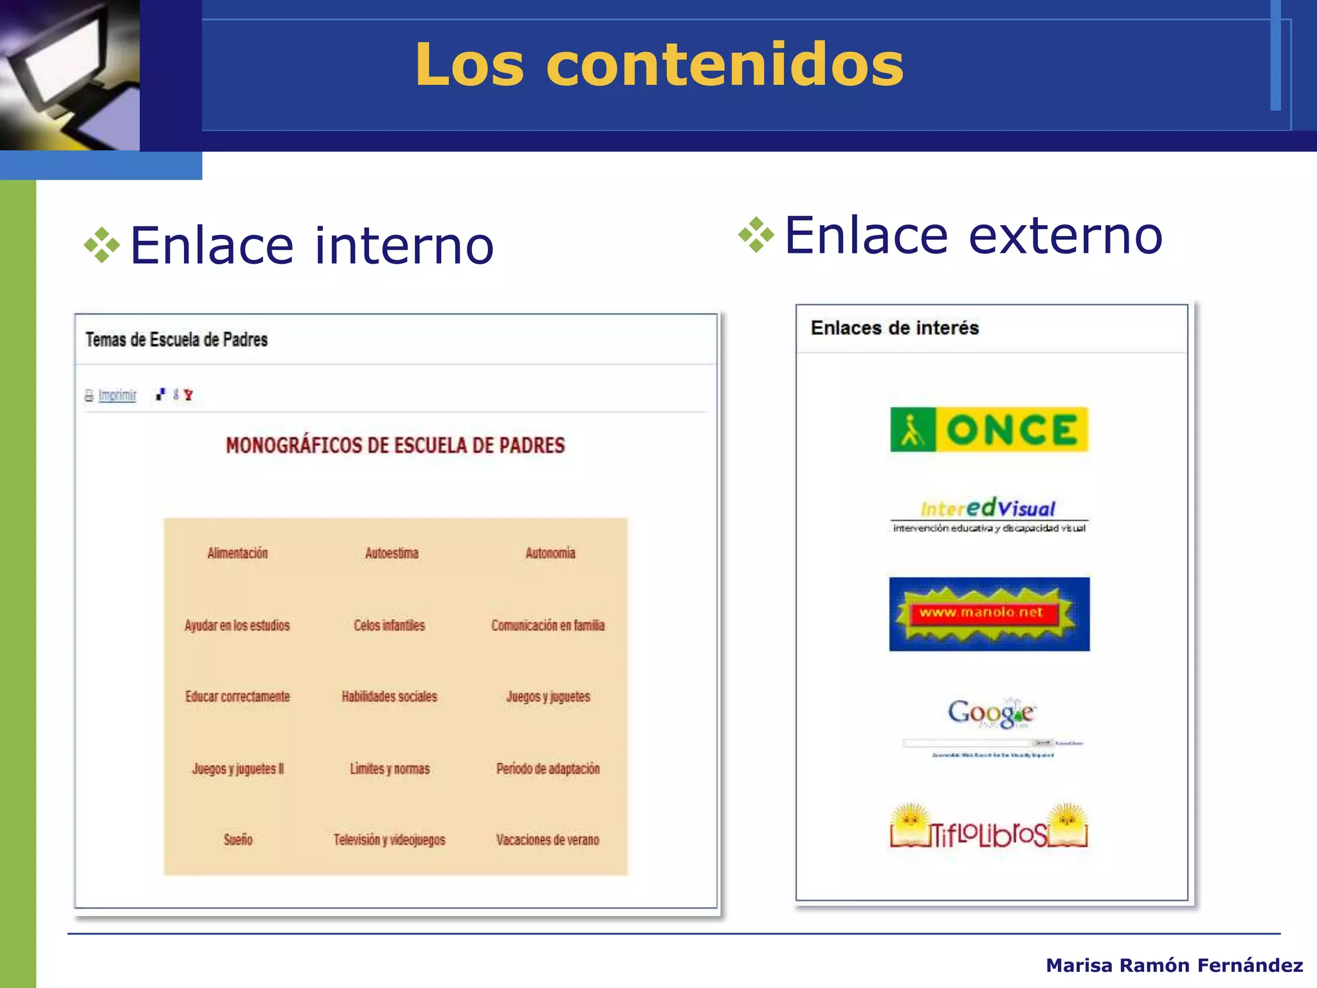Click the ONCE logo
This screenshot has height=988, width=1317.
988,430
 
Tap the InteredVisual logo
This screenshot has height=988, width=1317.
988,514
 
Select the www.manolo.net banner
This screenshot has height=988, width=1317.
989,614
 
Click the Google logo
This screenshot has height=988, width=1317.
991,714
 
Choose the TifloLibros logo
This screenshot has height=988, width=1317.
988,829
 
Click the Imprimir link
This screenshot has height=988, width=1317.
117,395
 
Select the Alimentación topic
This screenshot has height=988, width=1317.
237,553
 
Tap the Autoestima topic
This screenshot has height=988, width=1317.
392,553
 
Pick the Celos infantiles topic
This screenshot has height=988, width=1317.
389,625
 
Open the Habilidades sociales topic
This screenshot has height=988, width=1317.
389,697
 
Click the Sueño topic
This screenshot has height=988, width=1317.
238,839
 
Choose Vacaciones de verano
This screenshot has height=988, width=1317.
547,839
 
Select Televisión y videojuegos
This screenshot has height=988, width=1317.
389,839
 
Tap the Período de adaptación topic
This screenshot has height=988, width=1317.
547,769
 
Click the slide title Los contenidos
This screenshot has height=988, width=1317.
659,64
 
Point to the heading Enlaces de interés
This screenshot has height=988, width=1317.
895,328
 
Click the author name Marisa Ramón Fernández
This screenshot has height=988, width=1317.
1174,965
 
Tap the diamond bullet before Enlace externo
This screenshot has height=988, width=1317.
756,235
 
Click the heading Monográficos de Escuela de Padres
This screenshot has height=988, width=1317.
395,445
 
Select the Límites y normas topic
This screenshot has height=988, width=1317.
390,769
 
